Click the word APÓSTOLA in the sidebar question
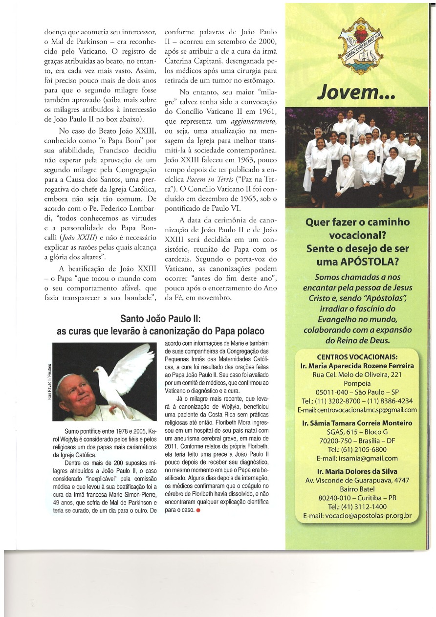(x=376, y=262)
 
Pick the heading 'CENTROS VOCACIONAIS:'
(x=357, y=356)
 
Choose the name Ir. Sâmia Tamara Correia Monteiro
(x=357, y=423)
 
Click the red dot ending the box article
(x=198, y=511)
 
